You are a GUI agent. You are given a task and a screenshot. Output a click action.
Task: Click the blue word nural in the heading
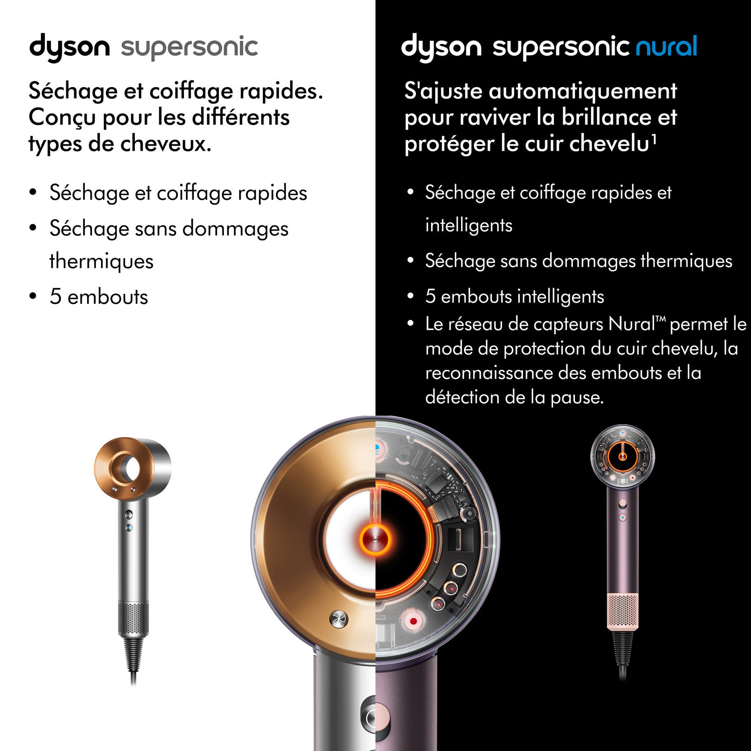666,47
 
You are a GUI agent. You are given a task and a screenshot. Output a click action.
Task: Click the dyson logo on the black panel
441,47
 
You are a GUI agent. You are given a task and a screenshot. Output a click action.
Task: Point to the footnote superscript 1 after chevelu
654,137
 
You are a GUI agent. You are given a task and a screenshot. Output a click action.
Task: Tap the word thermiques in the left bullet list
102,261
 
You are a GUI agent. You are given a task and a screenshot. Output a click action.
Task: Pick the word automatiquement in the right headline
583,91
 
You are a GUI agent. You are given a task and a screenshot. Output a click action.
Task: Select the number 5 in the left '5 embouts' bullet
56,297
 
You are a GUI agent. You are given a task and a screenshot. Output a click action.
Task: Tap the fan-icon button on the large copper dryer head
338,618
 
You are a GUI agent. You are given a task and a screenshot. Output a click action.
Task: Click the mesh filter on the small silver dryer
134,617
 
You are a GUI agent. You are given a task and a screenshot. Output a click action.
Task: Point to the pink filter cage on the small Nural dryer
623,611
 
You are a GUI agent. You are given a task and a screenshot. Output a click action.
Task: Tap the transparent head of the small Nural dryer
623,456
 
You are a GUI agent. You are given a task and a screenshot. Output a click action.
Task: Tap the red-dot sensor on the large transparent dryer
413,621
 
